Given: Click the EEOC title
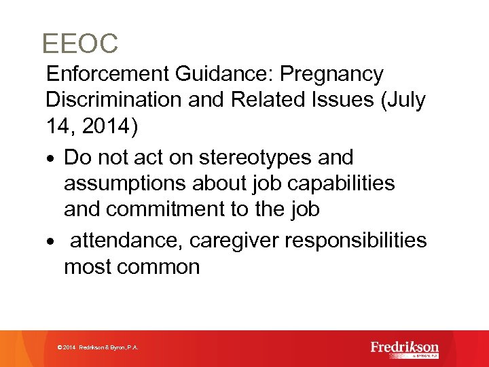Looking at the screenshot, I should (79, 44).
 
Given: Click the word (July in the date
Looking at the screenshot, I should (403, 100).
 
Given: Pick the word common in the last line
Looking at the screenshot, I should (158, 266).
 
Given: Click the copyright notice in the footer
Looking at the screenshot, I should (98, 347).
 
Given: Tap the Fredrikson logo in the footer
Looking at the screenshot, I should (405, 348).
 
